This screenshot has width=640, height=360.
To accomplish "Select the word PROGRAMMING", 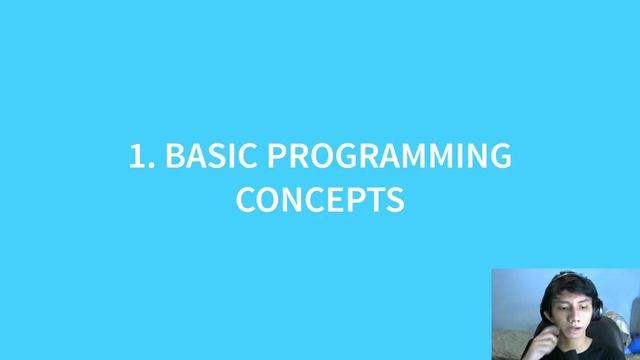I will coord(389,156).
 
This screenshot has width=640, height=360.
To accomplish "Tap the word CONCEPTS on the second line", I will coord(320,198).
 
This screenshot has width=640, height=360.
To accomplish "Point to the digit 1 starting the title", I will coord(137,156).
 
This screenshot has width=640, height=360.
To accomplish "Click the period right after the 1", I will coord(151,166).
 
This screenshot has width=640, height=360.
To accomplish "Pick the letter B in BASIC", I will coord(174,156).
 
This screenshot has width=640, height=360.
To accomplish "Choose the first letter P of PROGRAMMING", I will coord(277,156).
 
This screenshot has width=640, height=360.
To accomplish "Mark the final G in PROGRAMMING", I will coord(499,156).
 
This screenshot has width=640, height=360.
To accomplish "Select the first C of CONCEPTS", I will coord(247,198).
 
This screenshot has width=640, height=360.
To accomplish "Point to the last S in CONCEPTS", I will coord(395,198).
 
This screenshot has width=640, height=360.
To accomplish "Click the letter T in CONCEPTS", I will coord(375,198).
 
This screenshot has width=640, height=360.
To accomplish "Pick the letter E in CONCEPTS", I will coord(334,198).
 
